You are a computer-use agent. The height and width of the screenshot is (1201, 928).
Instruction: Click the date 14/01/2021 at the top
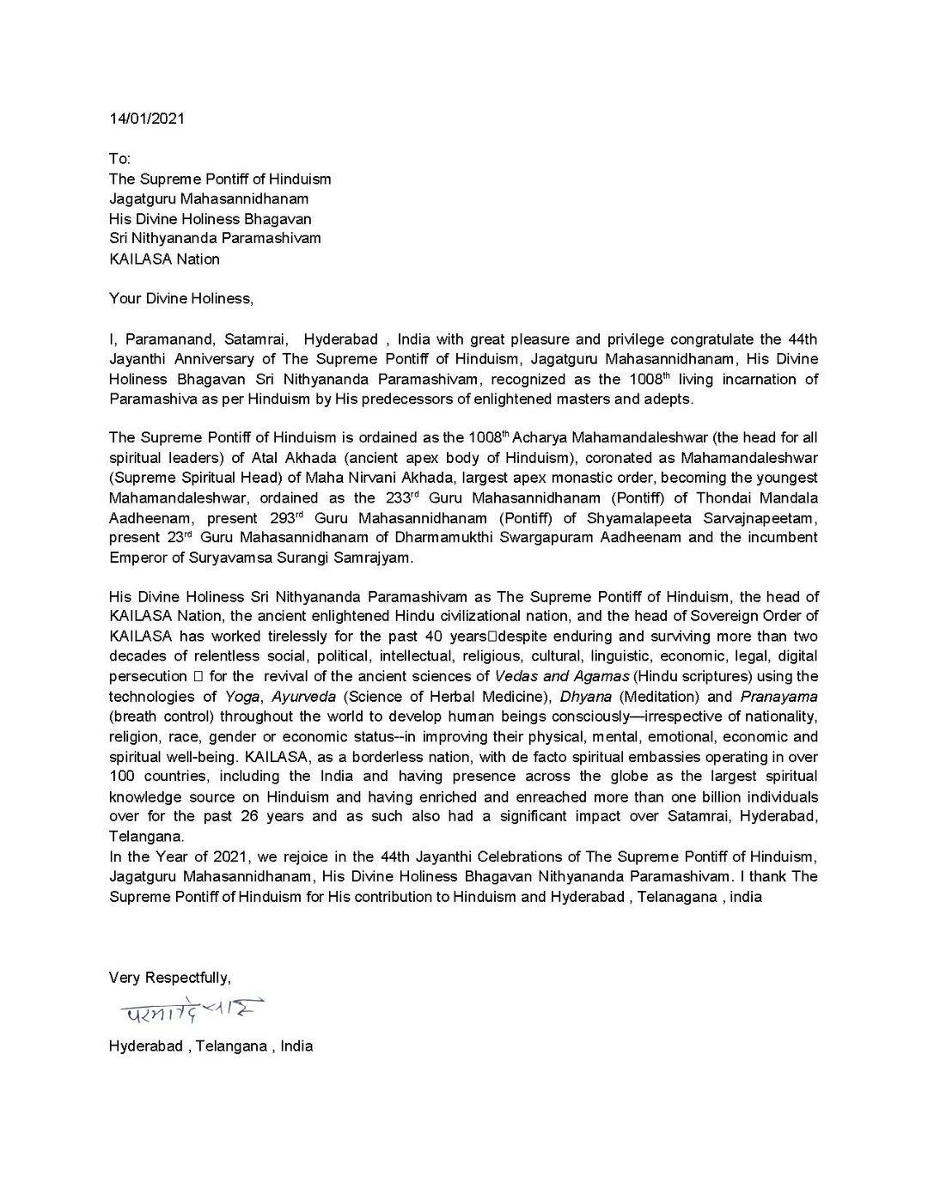(x=146, y=119)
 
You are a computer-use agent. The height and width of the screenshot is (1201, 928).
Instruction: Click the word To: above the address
(x=119, y=160)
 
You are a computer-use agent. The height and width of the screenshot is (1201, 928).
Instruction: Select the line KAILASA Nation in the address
(x=164, y=259)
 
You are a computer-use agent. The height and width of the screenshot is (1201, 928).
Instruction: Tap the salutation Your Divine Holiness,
(x=181, y=299)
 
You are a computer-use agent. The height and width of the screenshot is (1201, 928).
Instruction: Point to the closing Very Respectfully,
(x=169, y=978)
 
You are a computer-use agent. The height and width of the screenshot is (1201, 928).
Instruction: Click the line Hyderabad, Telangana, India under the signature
(x=211, y=1046)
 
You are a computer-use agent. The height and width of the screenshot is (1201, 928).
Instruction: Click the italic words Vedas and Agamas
(x=562, y=677)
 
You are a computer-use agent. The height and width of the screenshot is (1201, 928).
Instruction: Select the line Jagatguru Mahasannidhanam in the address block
(x=209, y=199)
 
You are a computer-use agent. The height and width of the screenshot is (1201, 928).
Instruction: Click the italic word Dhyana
(x=585, y=697)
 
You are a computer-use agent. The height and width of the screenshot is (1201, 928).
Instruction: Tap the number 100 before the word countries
(x=122, y=777)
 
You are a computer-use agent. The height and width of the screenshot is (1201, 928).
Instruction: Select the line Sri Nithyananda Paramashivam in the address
(x=215, y=239)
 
